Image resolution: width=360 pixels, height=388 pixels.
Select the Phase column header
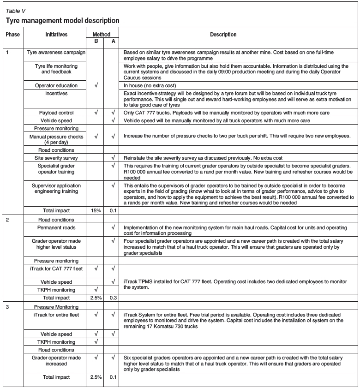[12, 35]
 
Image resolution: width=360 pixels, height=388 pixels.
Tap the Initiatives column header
[56, 35]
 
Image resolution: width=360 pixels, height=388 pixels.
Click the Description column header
[223, 35]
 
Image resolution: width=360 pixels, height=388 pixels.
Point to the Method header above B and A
[102, 35]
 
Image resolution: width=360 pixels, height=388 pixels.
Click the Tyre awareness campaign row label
[56, 53]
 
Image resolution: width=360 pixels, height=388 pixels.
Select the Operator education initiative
[56, 85]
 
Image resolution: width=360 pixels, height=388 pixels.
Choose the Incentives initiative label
[56, 93]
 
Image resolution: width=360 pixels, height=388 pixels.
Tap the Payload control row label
[56, 112]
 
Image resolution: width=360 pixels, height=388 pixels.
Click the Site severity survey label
[56, 158]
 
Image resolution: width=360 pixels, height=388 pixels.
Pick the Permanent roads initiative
[56, 227]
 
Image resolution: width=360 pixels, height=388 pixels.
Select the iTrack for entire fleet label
[56, 315]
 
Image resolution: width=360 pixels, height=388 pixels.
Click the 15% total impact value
[96, 210]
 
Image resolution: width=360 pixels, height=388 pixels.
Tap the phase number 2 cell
[7, 220]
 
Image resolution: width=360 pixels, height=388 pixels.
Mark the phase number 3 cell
[7, 306]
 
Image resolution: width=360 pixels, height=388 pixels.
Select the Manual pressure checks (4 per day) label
[56, 139]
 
